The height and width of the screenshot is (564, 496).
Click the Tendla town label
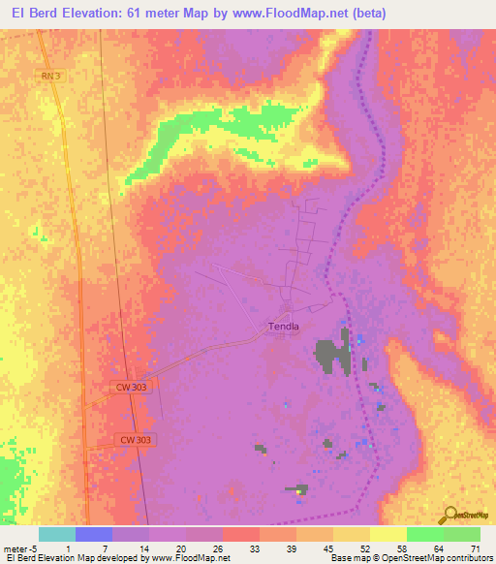(x=284, y=327)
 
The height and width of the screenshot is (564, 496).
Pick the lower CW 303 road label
(x=137, y=440)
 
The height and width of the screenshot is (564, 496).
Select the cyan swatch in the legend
(x=57, y=534)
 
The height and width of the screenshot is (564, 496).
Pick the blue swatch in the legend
(x=94, y=534)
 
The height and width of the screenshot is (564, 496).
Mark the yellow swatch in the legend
(x=388, y=534)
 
